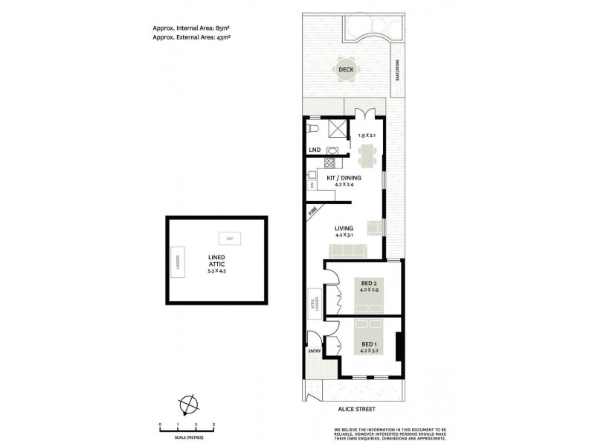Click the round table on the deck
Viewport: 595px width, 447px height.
click(x=346, y=70)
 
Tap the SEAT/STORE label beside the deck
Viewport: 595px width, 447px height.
click(x=397, y=74)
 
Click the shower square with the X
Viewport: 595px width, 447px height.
click(x=338, y=129)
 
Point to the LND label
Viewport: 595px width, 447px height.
click(x=315, y=150)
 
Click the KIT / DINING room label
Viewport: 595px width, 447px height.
click(x=344, y=177)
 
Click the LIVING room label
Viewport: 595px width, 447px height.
click(x=344, y=228)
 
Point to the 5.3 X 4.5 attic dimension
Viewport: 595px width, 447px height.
click(x=217, y=271)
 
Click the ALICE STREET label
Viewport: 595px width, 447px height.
click(x=356, y=410)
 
